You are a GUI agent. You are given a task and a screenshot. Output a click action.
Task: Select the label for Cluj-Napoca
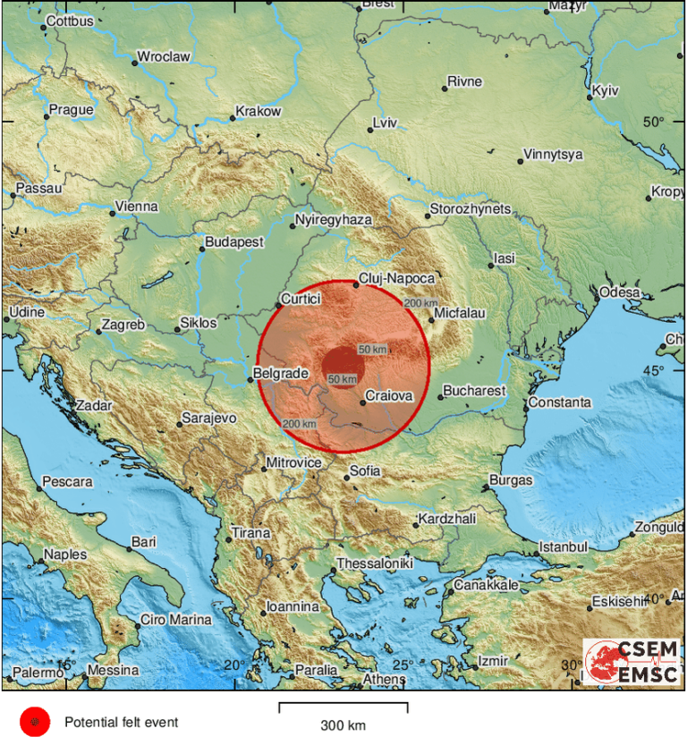click(x=396, y=278)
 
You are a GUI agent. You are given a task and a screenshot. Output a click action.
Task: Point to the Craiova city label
click(x=388, y=394)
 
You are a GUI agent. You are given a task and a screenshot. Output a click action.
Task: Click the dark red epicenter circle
click(x=343, y=365)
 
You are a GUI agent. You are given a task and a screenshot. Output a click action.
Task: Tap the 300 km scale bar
click(x=343, y=707)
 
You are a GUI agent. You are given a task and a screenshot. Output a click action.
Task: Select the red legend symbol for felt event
click(x=35, y=721)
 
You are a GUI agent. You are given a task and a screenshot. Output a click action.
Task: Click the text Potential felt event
click(x=121, y=722)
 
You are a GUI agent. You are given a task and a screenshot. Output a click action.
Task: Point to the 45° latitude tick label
click(x=655, y=370)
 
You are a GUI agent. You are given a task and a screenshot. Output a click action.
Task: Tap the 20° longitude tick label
click(x=234, y=665)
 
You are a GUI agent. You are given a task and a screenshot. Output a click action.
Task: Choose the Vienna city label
click(x=137, y=207)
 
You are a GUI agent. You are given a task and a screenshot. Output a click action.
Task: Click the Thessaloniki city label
click(x=374, y=564)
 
